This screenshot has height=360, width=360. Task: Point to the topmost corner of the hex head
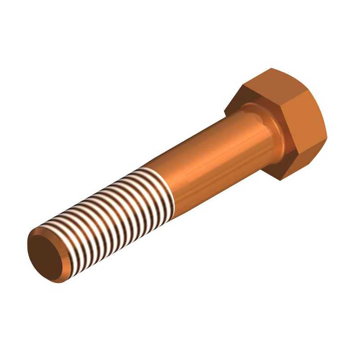pyautogui.click(x=272, y=68)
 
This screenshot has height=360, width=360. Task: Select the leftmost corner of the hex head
pyautogui.click(x=225, y=109)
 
